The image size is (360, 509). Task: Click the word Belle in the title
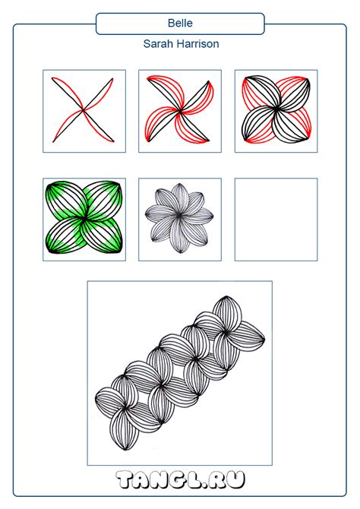click(x=180, y=23)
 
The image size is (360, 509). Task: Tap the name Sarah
click(x=157, y=44)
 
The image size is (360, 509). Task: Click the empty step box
click(x=276, y=220)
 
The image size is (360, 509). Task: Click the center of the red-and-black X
click(x=84, y=110)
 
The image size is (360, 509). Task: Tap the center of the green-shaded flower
click(x=84, y=219)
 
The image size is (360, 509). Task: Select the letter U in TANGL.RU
click(x=234, y=480)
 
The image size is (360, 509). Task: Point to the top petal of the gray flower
click(x=179, y=199)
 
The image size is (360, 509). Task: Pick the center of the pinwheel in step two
click(x=180, y=111)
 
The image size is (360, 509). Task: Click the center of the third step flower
click(x=276, y=109)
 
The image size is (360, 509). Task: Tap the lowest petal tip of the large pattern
click(x=125, y=450)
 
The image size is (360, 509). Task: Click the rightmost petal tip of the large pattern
click(x=264, y=339)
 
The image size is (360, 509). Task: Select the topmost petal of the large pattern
click(x=227, y=313)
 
